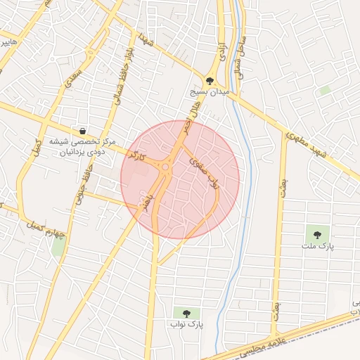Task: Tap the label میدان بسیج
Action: [210, 92]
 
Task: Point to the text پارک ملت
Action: [317, 247]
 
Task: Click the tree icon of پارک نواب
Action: [186, 313]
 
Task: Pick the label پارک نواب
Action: [186, 325]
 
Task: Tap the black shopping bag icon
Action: [83, 131]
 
